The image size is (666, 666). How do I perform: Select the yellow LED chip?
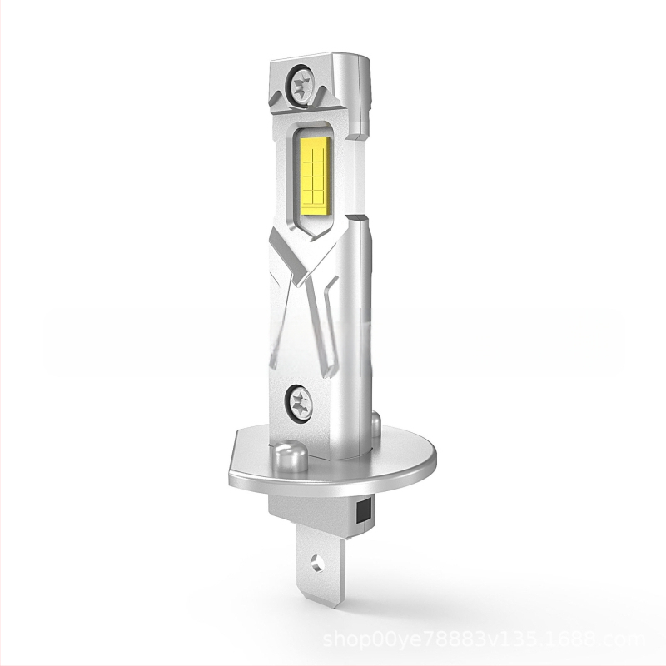coord(315,172)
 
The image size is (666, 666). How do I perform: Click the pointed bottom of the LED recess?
coord(315,235)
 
